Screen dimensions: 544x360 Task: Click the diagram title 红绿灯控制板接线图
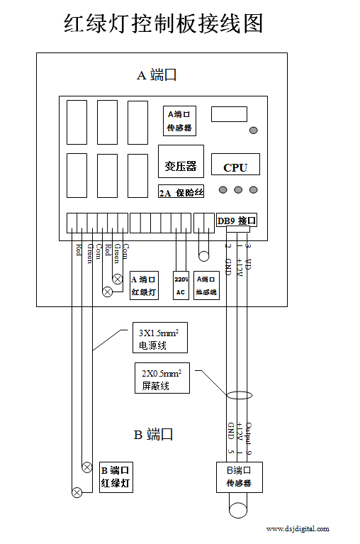(164, 23)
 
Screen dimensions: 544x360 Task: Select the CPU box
(235, 166)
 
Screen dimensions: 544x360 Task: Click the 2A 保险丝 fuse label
(181, 192)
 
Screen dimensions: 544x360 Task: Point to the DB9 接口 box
(237, 221)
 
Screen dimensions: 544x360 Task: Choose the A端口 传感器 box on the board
(180, 121)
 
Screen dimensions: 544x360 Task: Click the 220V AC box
(181, 285)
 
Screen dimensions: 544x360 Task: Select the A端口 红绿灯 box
(147, 285)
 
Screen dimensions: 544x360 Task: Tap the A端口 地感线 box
(206, 285)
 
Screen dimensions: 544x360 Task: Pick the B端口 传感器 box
(239, 477)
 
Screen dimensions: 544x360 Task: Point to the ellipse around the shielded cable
(239, 396)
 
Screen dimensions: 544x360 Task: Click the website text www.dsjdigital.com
(297, 529)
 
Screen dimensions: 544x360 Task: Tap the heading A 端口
(157, 75)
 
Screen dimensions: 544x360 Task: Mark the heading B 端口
(154, 435)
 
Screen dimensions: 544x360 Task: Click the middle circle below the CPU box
(238, 189)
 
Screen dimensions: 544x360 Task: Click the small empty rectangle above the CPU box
(229, 113)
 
